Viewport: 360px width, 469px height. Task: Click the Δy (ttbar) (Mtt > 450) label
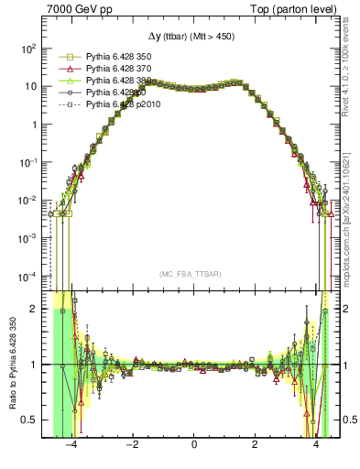[x=193, y=37]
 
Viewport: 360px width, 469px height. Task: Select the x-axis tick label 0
[x=194, y=446]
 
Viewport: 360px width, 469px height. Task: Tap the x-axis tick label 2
[x=255, y=446]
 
